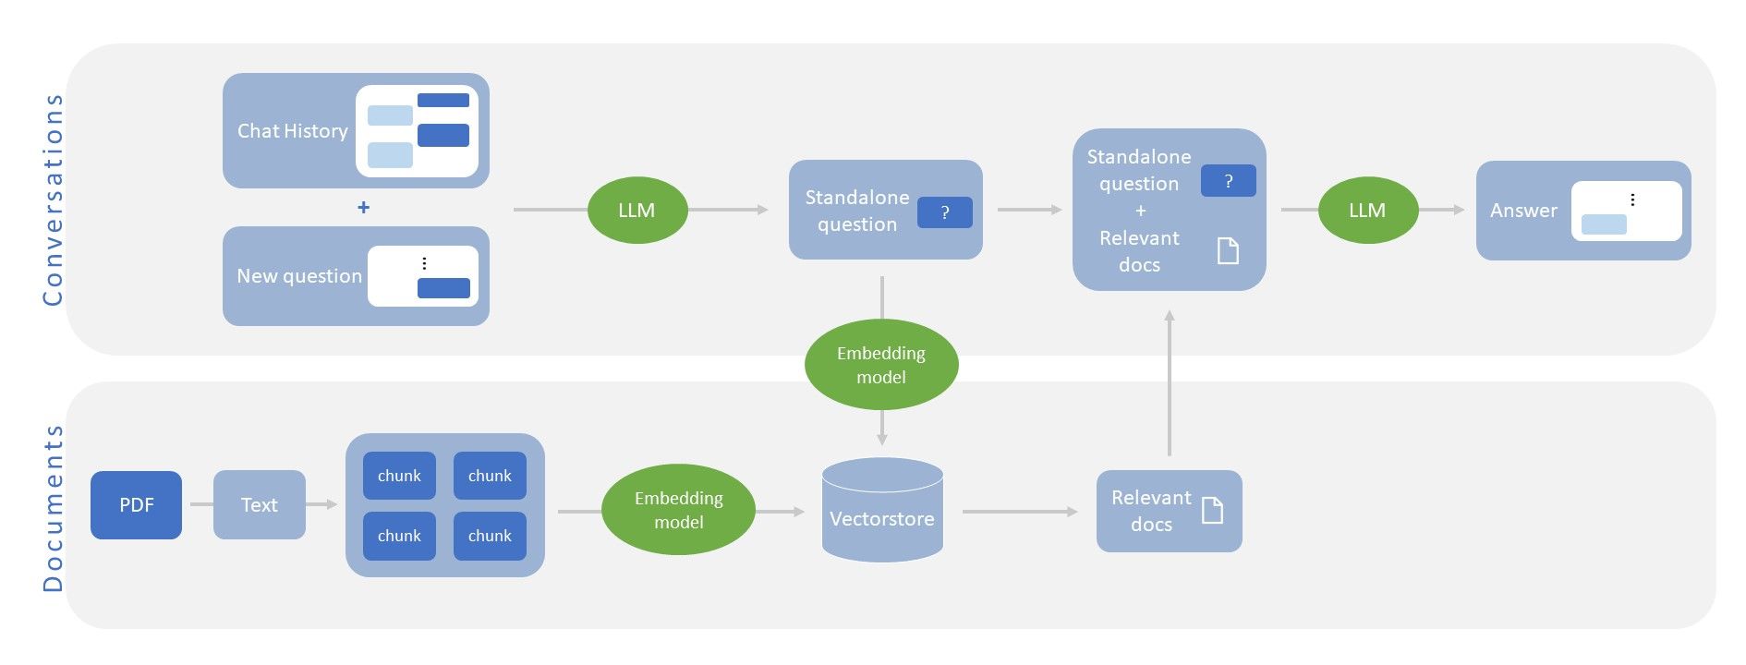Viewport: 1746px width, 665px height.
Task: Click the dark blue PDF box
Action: (136, 505)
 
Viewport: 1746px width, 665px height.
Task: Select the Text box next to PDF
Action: (259, 505)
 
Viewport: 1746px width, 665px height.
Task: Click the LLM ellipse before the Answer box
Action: (1367, 211)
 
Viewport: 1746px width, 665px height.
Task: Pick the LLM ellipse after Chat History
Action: (637, 211)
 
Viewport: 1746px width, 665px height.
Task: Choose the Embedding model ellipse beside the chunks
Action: (678, 510)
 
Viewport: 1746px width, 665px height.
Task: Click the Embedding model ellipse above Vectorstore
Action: (880, 365)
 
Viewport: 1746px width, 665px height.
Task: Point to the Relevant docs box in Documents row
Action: (1169, 511)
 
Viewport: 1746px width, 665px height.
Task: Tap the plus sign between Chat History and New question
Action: (363, 208)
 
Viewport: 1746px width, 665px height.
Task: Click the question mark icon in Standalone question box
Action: (944, 212)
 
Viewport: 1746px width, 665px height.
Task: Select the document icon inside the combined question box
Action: (1228, 250)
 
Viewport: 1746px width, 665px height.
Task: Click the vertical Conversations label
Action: (53, 199)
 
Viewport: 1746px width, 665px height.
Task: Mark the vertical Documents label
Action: (53, 508)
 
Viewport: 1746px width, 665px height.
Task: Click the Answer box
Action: (1582, 211)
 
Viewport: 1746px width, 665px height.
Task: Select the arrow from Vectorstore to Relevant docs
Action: (1019, 511)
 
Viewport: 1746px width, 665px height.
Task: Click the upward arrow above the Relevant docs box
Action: (1170, 383)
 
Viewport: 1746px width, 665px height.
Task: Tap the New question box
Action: (356, 276)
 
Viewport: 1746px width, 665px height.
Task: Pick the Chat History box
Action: (356, 131)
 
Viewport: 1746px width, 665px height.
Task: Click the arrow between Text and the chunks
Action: (321, 504)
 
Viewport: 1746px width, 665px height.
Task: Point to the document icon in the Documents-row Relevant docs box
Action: (1212, 510)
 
